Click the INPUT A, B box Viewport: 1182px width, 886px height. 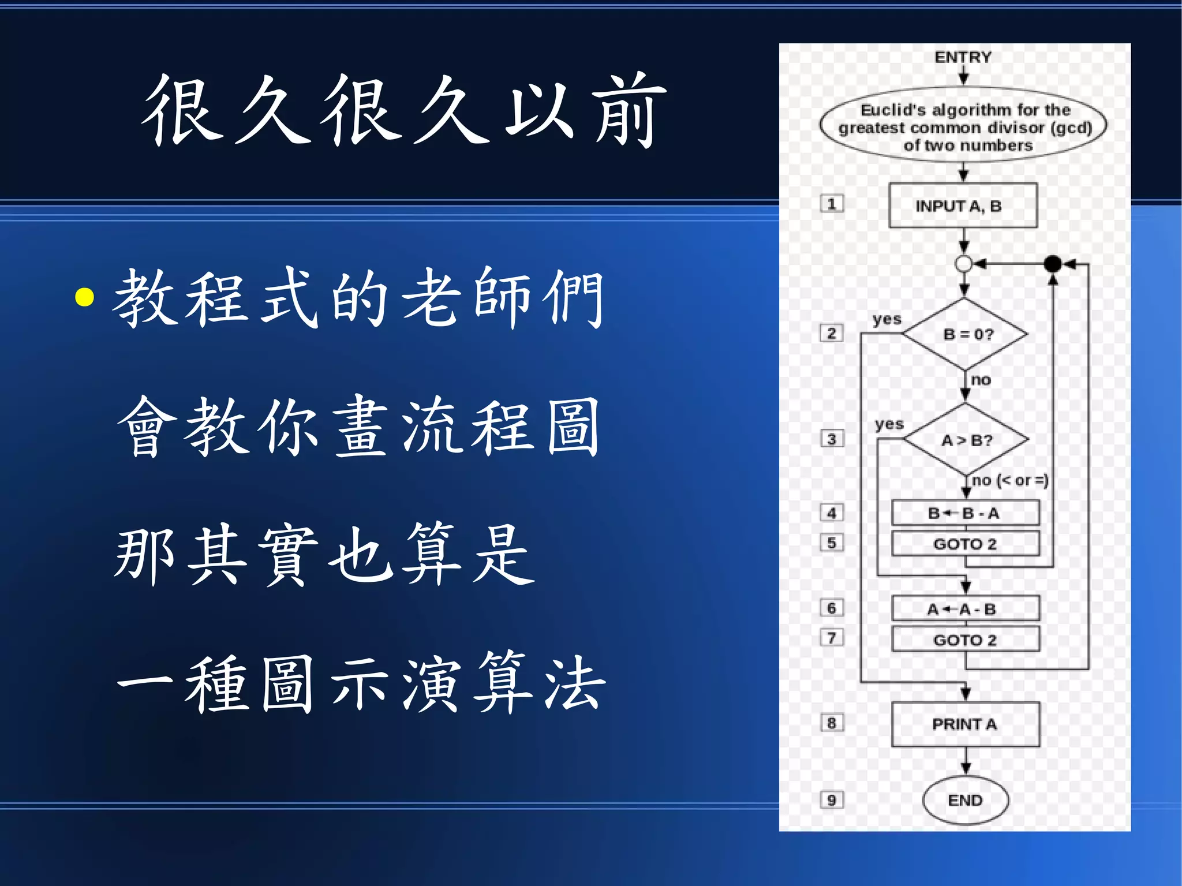click(963, 205)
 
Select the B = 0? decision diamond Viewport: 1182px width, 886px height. click(966, 334)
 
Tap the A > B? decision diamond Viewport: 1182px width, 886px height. click(966, 440)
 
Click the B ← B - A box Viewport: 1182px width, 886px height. click(965, 513)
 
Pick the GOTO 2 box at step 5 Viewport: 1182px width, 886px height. click(965, 543)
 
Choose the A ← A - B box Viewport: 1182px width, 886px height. click(965, 609)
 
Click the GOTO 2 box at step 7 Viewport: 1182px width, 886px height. click(965, 640)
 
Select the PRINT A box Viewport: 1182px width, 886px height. click(965, 724)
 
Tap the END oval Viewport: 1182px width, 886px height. click(965, 800)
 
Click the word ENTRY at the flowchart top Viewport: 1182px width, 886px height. click(963, 57)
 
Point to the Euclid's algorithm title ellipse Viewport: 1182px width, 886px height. click(963, 126)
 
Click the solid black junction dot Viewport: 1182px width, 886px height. click(1053, 264)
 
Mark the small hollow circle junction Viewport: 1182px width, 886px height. click(963, 264)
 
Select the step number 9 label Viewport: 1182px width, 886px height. click(832, 800)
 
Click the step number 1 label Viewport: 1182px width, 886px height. click(832, 204)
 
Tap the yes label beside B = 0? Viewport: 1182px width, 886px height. click(887, 319)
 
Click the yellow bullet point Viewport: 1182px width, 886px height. click(85, 297)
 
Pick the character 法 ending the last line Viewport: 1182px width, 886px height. click(574, 683)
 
